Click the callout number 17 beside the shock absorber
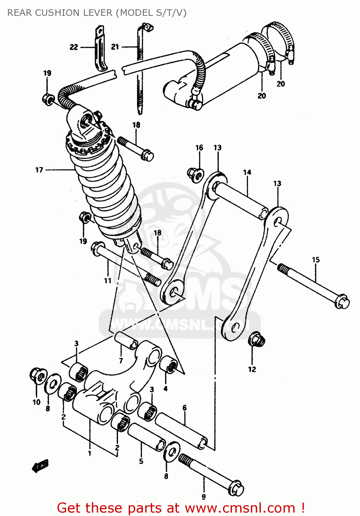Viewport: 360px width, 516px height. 39,170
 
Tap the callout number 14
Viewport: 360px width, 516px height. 247,172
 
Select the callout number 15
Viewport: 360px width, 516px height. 316,260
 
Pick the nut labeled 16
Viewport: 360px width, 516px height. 195,174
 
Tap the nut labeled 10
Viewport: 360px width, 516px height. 38,376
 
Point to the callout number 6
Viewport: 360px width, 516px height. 184,408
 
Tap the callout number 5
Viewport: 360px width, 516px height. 141,461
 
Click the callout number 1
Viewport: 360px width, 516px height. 89,453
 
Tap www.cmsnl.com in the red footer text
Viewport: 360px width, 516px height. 240,508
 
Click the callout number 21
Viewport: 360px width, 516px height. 115,47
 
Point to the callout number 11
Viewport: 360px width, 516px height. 108,281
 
